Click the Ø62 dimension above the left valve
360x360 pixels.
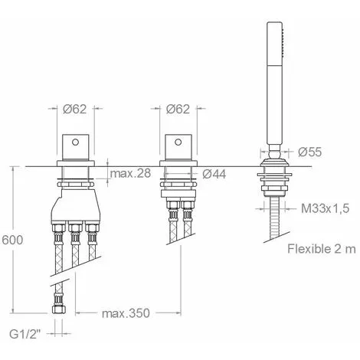[x=75, y=109]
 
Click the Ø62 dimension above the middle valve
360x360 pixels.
[x=178, y=109]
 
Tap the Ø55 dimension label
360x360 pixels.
[x=309, y=152]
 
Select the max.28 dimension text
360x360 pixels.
[x=130, y=173]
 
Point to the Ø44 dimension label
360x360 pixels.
[x=214, y=175]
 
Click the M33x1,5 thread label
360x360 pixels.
[x=325, y=208]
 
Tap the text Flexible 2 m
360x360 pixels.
[x=322, y=249]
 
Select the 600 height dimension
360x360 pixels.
[x=12, y=240]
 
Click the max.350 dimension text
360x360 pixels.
[x=126, y=313]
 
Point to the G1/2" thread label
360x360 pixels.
[x=25, y=334]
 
